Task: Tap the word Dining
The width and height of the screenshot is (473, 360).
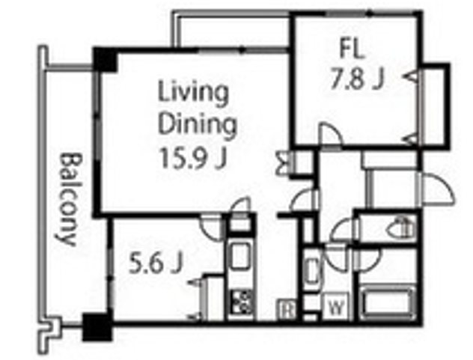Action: [x=198, y=124]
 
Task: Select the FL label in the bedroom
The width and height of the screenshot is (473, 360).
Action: [x=352, y=49]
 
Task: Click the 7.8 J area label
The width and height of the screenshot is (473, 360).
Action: [x=358, y=79]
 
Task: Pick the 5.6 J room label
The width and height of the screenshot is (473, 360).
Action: [x=156, y=263]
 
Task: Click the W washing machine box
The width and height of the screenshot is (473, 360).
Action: [x=336, y=308]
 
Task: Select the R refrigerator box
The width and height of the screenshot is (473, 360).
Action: [x=287, y=309]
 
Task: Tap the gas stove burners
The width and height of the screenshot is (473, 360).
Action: [x=241, y=302]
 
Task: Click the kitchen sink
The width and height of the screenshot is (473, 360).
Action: [x=240, y=255]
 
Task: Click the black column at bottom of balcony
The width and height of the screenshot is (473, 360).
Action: [x=97, y=327]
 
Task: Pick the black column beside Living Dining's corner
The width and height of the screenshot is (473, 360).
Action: [x=104, y=60]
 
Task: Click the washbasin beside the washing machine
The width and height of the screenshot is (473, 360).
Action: [x=311, y=271]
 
